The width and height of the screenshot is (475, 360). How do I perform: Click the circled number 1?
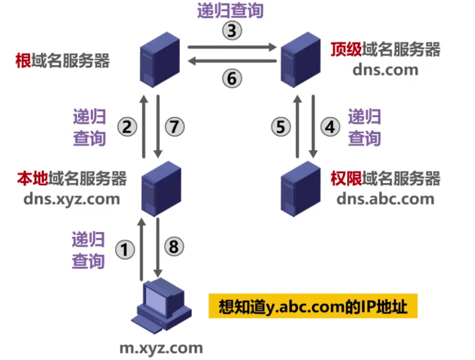(x=126, y=250)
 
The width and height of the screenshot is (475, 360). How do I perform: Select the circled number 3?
(x=231, y=31)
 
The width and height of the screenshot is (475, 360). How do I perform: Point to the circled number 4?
(x=329, y=127)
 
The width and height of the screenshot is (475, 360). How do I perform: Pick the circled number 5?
(x=281, y=127)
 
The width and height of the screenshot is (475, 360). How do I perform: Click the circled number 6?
(x=231, y=79)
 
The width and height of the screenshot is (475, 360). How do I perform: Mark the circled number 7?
(x=174, y=127)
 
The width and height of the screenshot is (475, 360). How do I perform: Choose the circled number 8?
(x=174, y=247)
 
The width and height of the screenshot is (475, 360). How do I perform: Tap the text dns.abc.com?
(x=385, y=198)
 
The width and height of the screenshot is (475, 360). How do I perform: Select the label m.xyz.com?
(x=161, y=347)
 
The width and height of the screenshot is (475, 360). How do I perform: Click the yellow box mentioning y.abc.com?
(x=313, y=307)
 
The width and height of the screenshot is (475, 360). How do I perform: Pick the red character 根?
(x=23, y=60)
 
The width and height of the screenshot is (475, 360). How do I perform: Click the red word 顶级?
(x=346, y=50)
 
